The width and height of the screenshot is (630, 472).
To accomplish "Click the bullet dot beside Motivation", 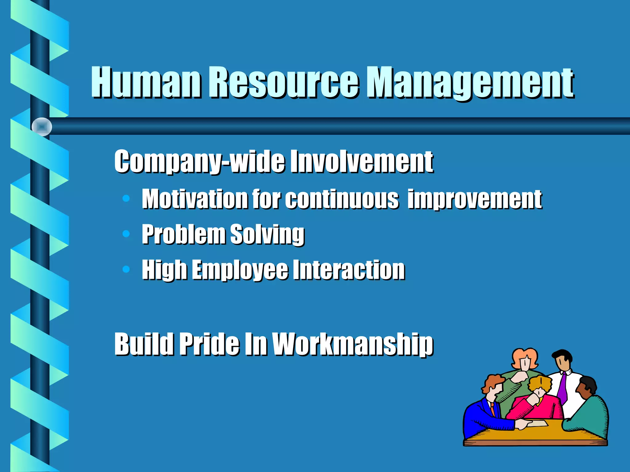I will (126, 199).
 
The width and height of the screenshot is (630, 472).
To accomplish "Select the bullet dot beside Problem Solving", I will (126, 234).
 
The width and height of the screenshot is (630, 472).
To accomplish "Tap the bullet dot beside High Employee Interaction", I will (126, 269).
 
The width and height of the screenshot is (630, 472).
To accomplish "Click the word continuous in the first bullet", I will (341, 199).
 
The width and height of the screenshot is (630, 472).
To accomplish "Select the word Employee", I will (240, 270).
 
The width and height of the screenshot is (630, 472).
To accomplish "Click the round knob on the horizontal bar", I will (42, 127).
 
